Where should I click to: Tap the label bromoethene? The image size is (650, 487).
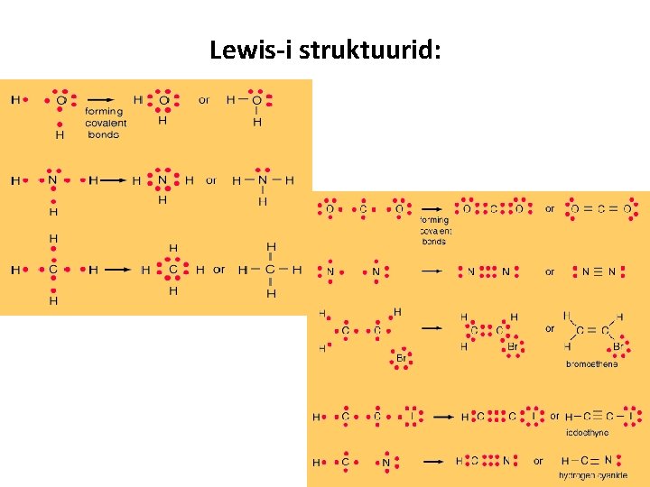[x=592, y=364]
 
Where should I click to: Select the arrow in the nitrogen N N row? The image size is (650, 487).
[x=432, y=271]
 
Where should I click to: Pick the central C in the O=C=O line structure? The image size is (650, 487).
[x=599, y=209]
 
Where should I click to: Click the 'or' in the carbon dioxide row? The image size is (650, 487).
[x=550, y=208]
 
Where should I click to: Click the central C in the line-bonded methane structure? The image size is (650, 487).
[x=270, y=269]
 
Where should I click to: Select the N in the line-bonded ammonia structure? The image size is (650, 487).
[x=262, y=180]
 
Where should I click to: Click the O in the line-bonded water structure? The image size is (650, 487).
[x=257, y=100]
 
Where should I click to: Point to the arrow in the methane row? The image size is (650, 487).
[x=114, y=269]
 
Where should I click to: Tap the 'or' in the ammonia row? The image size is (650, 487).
[x=211, y=180]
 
